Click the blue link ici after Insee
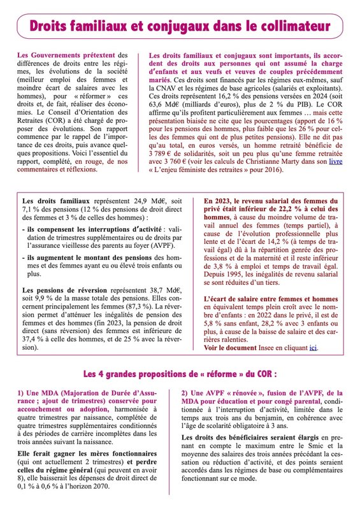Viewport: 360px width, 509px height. tap(313, 348)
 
